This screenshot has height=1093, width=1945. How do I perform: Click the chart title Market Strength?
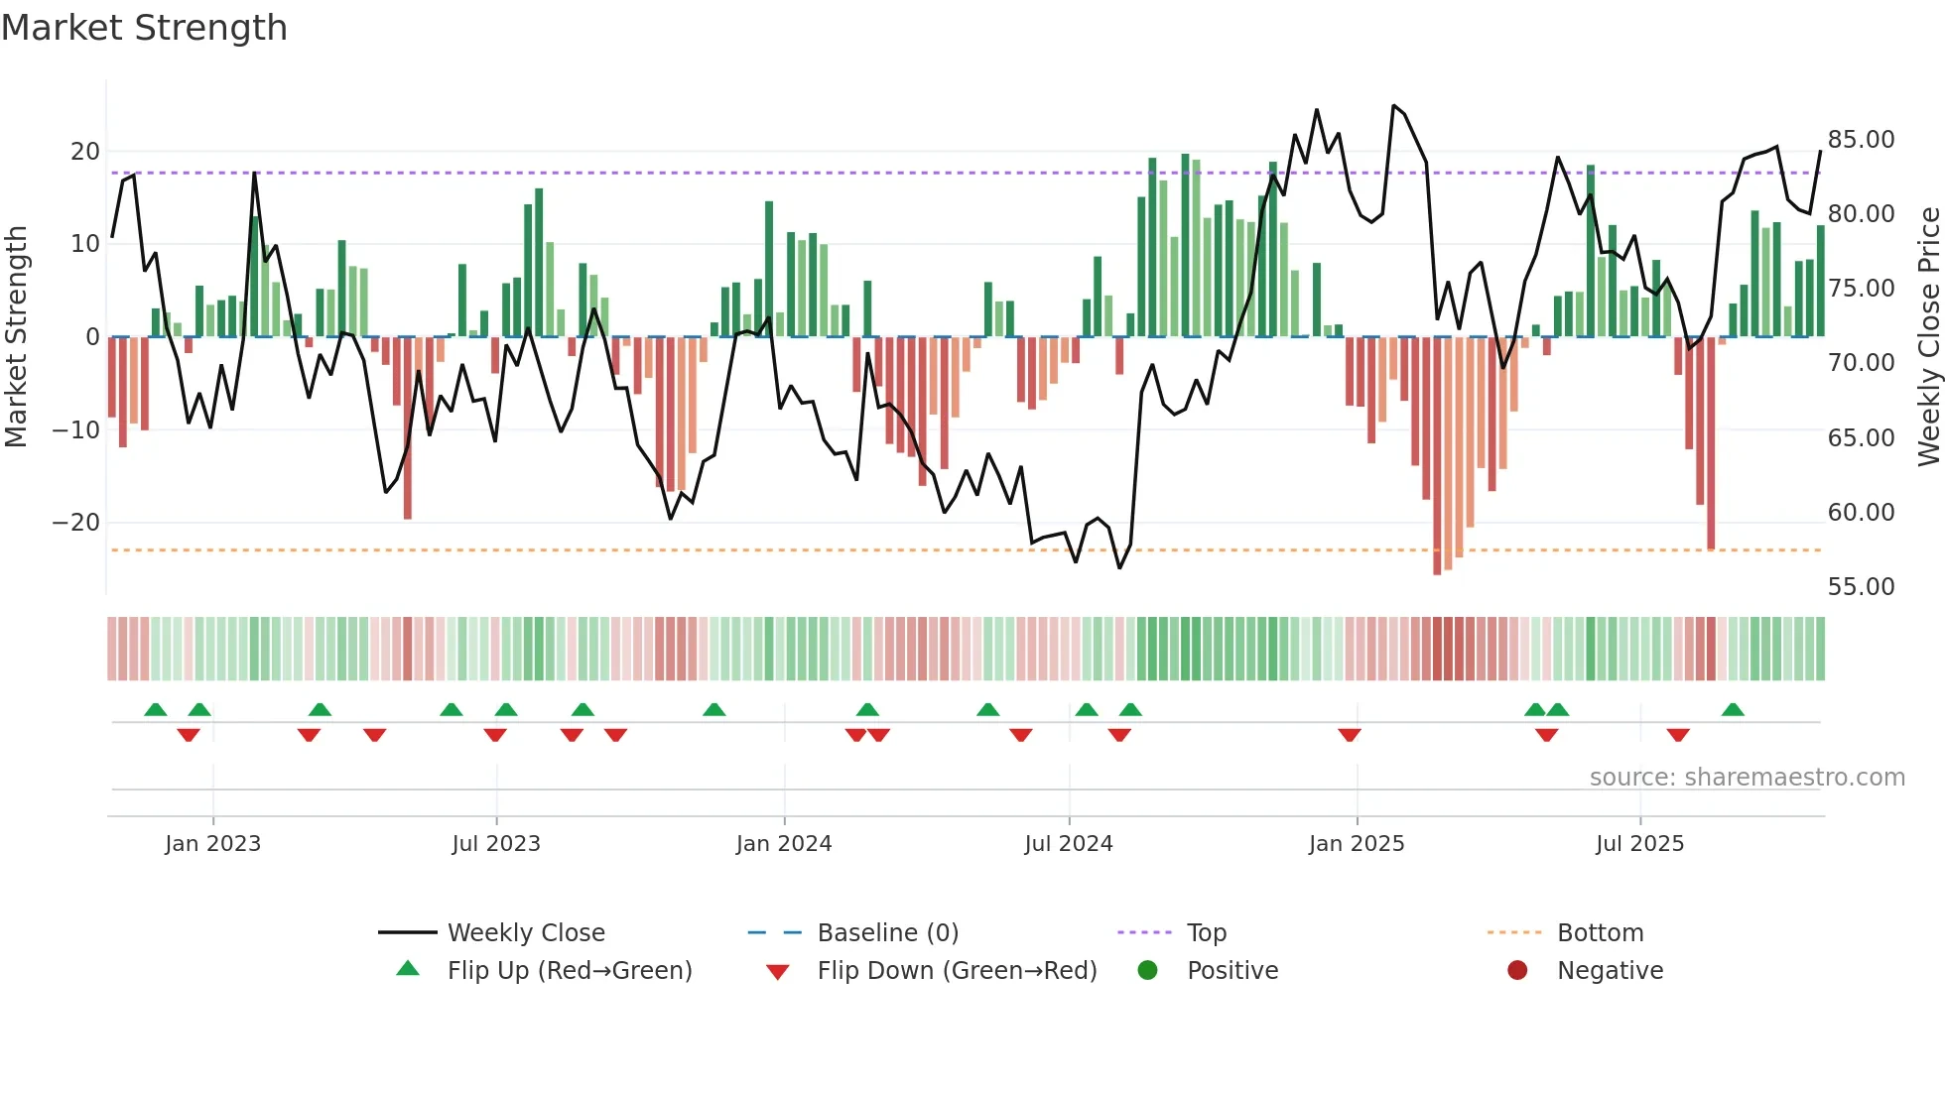point(144,28)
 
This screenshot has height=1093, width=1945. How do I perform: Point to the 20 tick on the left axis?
point(85,152)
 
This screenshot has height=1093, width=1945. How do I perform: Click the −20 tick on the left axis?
point(77,523)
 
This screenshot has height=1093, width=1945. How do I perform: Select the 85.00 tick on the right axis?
point(1861,140)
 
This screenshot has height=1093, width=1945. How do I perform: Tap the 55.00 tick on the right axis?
point(1861,587)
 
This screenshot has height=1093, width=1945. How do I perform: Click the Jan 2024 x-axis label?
point(783,844)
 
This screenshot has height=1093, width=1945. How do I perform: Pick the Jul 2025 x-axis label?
point(1639,844)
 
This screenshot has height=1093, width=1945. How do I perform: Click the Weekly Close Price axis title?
point(1928,337)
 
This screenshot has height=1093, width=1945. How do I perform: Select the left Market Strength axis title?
point(16,337)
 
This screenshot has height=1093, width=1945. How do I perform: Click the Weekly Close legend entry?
point(525,933)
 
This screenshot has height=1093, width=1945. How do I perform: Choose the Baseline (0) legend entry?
point(887,933)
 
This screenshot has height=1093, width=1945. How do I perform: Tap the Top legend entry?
point(1206,933)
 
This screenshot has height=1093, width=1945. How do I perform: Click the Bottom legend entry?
point(1600,933)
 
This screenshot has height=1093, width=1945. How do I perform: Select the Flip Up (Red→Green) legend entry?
point(569,971)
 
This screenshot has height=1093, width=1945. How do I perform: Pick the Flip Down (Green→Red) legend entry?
point(957,971)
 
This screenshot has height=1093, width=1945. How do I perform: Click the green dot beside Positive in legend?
point(1147,971)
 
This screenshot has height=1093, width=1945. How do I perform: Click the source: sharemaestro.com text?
point(1747,778)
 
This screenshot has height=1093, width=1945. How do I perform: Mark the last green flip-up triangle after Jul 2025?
point(1733,710)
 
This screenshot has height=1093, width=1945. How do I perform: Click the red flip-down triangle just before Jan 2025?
point(1349,735)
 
